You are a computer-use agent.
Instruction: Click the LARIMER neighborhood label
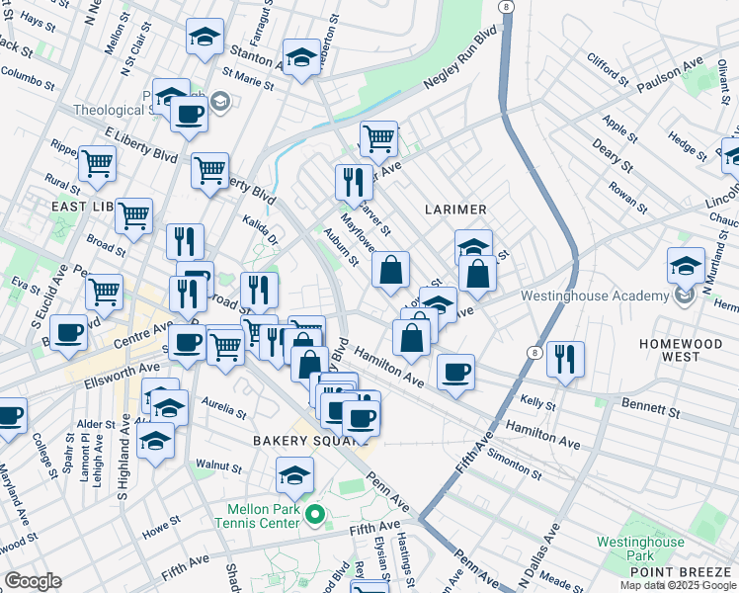click(455, 210)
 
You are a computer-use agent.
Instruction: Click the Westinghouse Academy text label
click(594, 296)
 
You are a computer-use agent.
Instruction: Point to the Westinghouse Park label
click(640, 549)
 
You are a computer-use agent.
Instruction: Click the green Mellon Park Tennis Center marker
click(315, 513)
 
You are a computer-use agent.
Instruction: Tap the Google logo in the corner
click(33, 581)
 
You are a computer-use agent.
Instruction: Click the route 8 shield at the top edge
click(506, 7)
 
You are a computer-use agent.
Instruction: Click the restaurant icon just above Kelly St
click(564, 360)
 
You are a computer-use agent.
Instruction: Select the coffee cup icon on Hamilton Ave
click(455, 373)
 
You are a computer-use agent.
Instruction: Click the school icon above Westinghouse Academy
click(686, 266)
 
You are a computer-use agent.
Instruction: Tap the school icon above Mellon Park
click(294, 476)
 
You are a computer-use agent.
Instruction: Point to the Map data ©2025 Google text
click(678, 585)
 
